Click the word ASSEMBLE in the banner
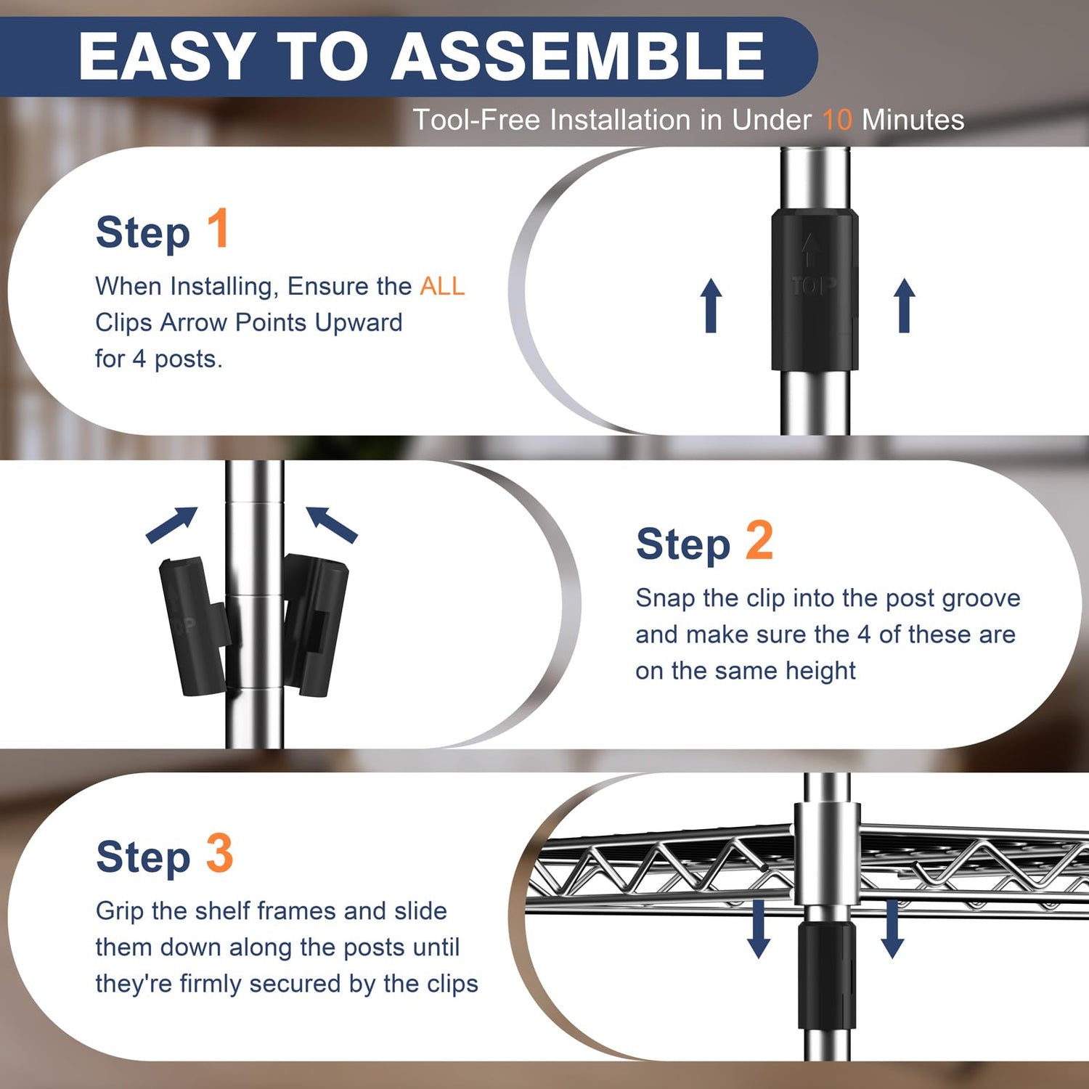578,56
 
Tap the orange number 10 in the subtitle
837,120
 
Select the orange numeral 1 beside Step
218,229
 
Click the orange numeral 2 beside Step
759,540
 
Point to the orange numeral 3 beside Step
219,853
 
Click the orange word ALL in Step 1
442,286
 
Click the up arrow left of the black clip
711,306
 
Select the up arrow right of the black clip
904,306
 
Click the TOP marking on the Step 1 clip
813,286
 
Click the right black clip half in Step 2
315,625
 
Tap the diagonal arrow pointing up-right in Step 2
172,524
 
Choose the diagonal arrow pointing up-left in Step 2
332,524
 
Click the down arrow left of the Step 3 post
759,929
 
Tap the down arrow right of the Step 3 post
892,929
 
